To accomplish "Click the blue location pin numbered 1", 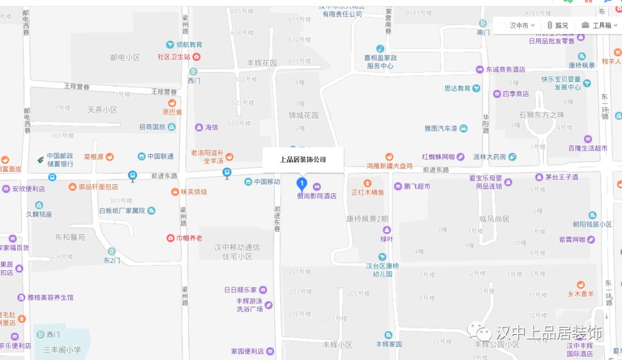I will [301, 184].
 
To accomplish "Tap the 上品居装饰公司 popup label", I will [303, 160].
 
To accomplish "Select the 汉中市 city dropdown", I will [518, 25].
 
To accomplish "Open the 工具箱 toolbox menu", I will [597, 25].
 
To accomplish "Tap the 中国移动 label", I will [267, 181].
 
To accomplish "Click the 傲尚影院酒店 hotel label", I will [316, 196].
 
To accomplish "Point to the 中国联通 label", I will [160, 156].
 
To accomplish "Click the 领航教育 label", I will [189, 44].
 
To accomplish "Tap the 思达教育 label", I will [457, 89].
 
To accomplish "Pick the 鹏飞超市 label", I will [416, 186].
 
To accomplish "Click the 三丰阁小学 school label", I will [62, 350].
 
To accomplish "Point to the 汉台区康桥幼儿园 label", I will [383, 270].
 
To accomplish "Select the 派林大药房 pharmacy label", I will [490, 157].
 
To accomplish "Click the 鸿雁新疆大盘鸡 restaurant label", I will [389, 165].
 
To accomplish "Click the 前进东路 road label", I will [435, 170].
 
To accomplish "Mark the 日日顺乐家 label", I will [241, 290].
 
